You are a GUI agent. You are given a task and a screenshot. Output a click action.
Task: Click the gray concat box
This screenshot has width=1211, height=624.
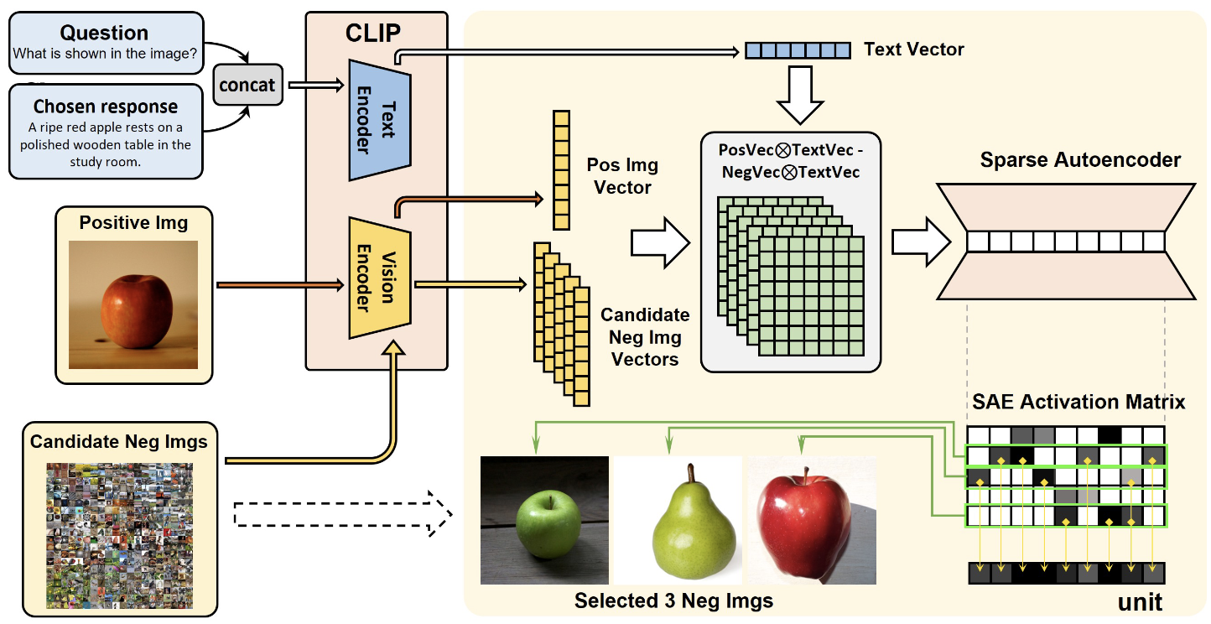(247, 85)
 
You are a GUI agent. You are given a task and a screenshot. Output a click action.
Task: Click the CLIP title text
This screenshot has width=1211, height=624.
(373, 34)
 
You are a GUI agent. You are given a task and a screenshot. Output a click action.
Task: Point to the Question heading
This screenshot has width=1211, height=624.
(104, 34)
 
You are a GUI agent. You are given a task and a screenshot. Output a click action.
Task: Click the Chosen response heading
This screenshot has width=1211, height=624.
(106, 107)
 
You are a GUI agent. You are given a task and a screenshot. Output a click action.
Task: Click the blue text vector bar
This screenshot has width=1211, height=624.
(798, 50)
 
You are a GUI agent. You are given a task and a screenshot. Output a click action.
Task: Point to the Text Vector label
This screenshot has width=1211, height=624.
(914, 49)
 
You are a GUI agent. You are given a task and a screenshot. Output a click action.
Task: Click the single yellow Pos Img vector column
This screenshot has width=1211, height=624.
(560, 170)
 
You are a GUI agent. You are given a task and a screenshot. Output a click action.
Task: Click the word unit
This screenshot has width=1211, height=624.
(1140, 602)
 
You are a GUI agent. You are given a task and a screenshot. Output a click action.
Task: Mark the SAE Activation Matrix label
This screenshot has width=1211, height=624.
(1078, 403)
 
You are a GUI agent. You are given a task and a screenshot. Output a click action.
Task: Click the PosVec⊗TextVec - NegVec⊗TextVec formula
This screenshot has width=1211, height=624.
(790, 161)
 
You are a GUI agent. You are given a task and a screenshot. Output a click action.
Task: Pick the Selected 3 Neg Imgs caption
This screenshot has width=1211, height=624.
(673, 601)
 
